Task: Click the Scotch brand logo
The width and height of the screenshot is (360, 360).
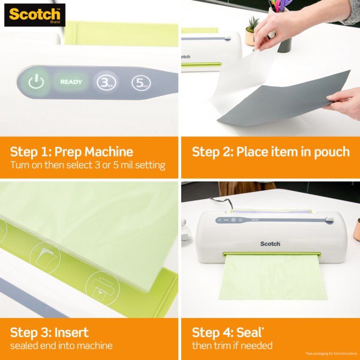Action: [x=34, y=14]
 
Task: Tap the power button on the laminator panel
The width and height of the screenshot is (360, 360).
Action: [x=36, y=82]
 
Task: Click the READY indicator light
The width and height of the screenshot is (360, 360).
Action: [x=70, y=82]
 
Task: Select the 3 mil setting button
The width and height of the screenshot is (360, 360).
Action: [x=106, y=82]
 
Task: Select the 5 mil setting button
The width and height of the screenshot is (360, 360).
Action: [x=140, y=82]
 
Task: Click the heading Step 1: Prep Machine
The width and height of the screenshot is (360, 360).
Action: [x=71, y=151]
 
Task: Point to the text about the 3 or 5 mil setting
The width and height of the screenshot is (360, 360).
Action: [x=87, y=165]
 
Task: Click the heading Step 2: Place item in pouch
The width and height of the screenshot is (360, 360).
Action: [x=270, y=151]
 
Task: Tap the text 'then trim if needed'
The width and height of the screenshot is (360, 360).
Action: [x=232, y=346]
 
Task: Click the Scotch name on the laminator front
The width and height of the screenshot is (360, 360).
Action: [x=270, y=244]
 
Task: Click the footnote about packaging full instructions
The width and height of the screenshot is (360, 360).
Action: [x=331, y=353]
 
